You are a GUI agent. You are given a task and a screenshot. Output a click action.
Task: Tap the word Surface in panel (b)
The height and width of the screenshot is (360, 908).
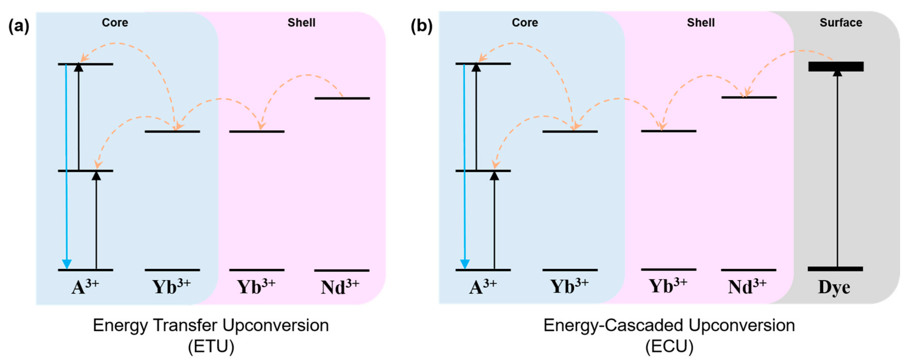[841, 23]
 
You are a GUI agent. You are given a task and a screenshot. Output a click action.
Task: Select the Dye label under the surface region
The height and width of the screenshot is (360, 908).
[834, 287]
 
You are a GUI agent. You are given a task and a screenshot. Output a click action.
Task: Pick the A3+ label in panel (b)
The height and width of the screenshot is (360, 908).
[483, 287]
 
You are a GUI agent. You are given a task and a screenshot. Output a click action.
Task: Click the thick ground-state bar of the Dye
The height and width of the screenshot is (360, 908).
[835, 269]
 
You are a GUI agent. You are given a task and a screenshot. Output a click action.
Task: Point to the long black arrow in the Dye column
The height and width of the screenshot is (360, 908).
[837, 169]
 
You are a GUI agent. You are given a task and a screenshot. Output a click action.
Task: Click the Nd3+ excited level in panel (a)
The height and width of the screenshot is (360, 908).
[342, 98]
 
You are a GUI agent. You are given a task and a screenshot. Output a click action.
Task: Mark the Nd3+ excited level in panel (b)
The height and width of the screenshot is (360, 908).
[749, 97]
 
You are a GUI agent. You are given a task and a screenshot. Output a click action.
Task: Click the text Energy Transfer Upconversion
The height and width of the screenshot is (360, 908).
[211, 325]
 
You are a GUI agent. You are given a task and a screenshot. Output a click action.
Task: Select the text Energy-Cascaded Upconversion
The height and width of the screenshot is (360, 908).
[669, 325]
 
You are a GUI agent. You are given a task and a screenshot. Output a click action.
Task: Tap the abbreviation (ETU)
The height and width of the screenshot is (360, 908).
[211, 346]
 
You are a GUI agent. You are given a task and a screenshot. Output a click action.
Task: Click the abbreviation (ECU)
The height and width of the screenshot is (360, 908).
[669, 346]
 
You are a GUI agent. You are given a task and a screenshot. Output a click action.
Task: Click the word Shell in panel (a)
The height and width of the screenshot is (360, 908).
[301, 23]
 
